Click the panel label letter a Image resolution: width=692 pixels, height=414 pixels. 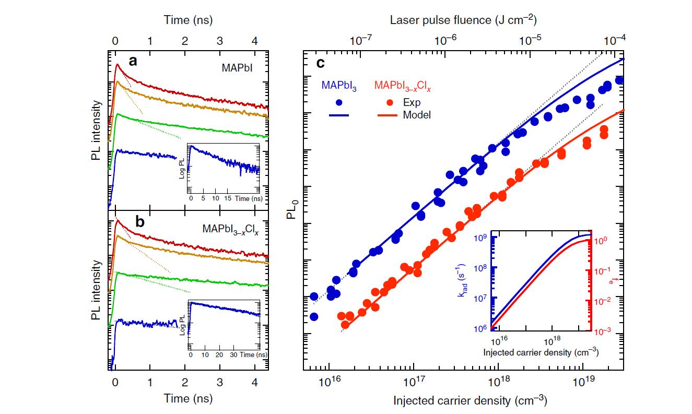click(x=133, y=62)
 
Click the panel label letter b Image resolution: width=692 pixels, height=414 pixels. click(x=140, y=221)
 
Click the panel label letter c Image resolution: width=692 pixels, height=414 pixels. click(x=321, y=63)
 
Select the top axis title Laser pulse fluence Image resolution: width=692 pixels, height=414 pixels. click(x=464, y=20)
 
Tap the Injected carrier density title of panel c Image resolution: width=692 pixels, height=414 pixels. click(x=470, y=401)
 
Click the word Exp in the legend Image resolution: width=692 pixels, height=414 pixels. click(x=412, y=102)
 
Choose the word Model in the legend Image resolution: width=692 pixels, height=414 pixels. click(x=417, y=115)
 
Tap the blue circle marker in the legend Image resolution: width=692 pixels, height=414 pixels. click(x=339, y=102)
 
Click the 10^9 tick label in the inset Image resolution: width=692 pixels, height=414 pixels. click(x=482, y=238)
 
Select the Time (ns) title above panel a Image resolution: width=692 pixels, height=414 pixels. click(x=189, y=20)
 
